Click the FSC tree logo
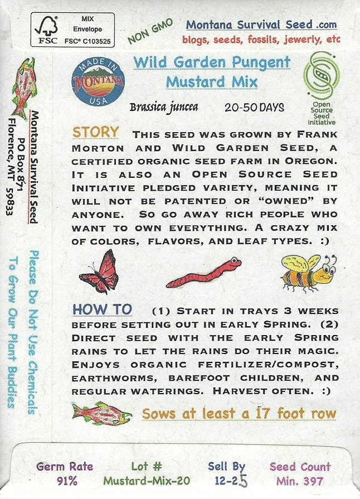coord(46,30)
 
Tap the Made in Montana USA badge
coord(98,81)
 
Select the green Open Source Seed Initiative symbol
coord(322,76)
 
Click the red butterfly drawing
coord(99,272)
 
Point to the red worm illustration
coord(204,273)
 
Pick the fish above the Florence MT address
coord(23,88)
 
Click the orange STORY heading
coord(96,132)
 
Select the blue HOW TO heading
coord(102,309)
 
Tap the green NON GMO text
coord(150,31)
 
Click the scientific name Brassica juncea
coord(164,107)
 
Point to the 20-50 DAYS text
coord(255,108)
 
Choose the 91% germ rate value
coord(67,481)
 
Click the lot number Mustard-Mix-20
coord(147,481)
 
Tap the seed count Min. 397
coord(300,481)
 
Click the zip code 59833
coord(10,200)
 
